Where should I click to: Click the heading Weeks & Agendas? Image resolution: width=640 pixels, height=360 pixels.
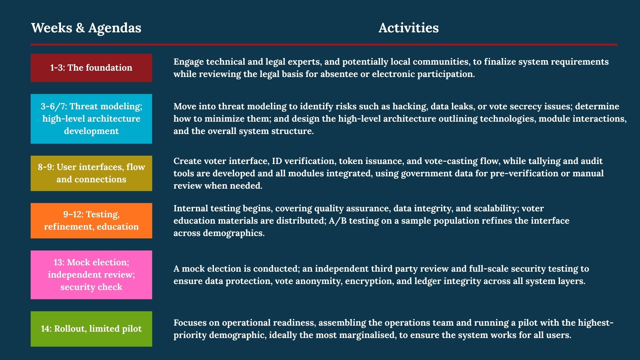pos(86,28)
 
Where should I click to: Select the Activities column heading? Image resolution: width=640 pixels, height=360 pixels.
pos(408,28)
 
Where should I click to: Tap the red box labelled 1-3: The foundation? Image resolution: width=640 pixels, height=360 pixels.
pos(91,68)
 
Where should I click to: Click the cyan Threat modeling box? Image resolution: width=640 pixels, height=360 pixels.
pos(91,119)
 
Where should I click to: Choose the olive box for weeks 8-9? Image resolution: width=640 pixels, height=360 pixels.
pos(91,173)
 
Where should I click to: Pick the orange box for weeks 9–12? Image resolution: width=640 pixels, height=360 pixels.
pos(91,221)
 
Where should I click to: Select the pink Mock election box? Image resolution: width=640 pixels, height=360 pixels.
pos(91,275)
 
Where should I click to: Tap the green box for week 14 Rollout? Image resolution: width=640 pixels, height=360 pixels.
pos(91,329)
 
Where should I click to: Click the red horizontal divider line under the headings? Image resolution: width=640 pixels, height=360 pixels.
pos(324,45)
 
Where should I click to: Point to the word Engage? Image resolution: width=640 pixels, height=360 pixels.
pos(188,62)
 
